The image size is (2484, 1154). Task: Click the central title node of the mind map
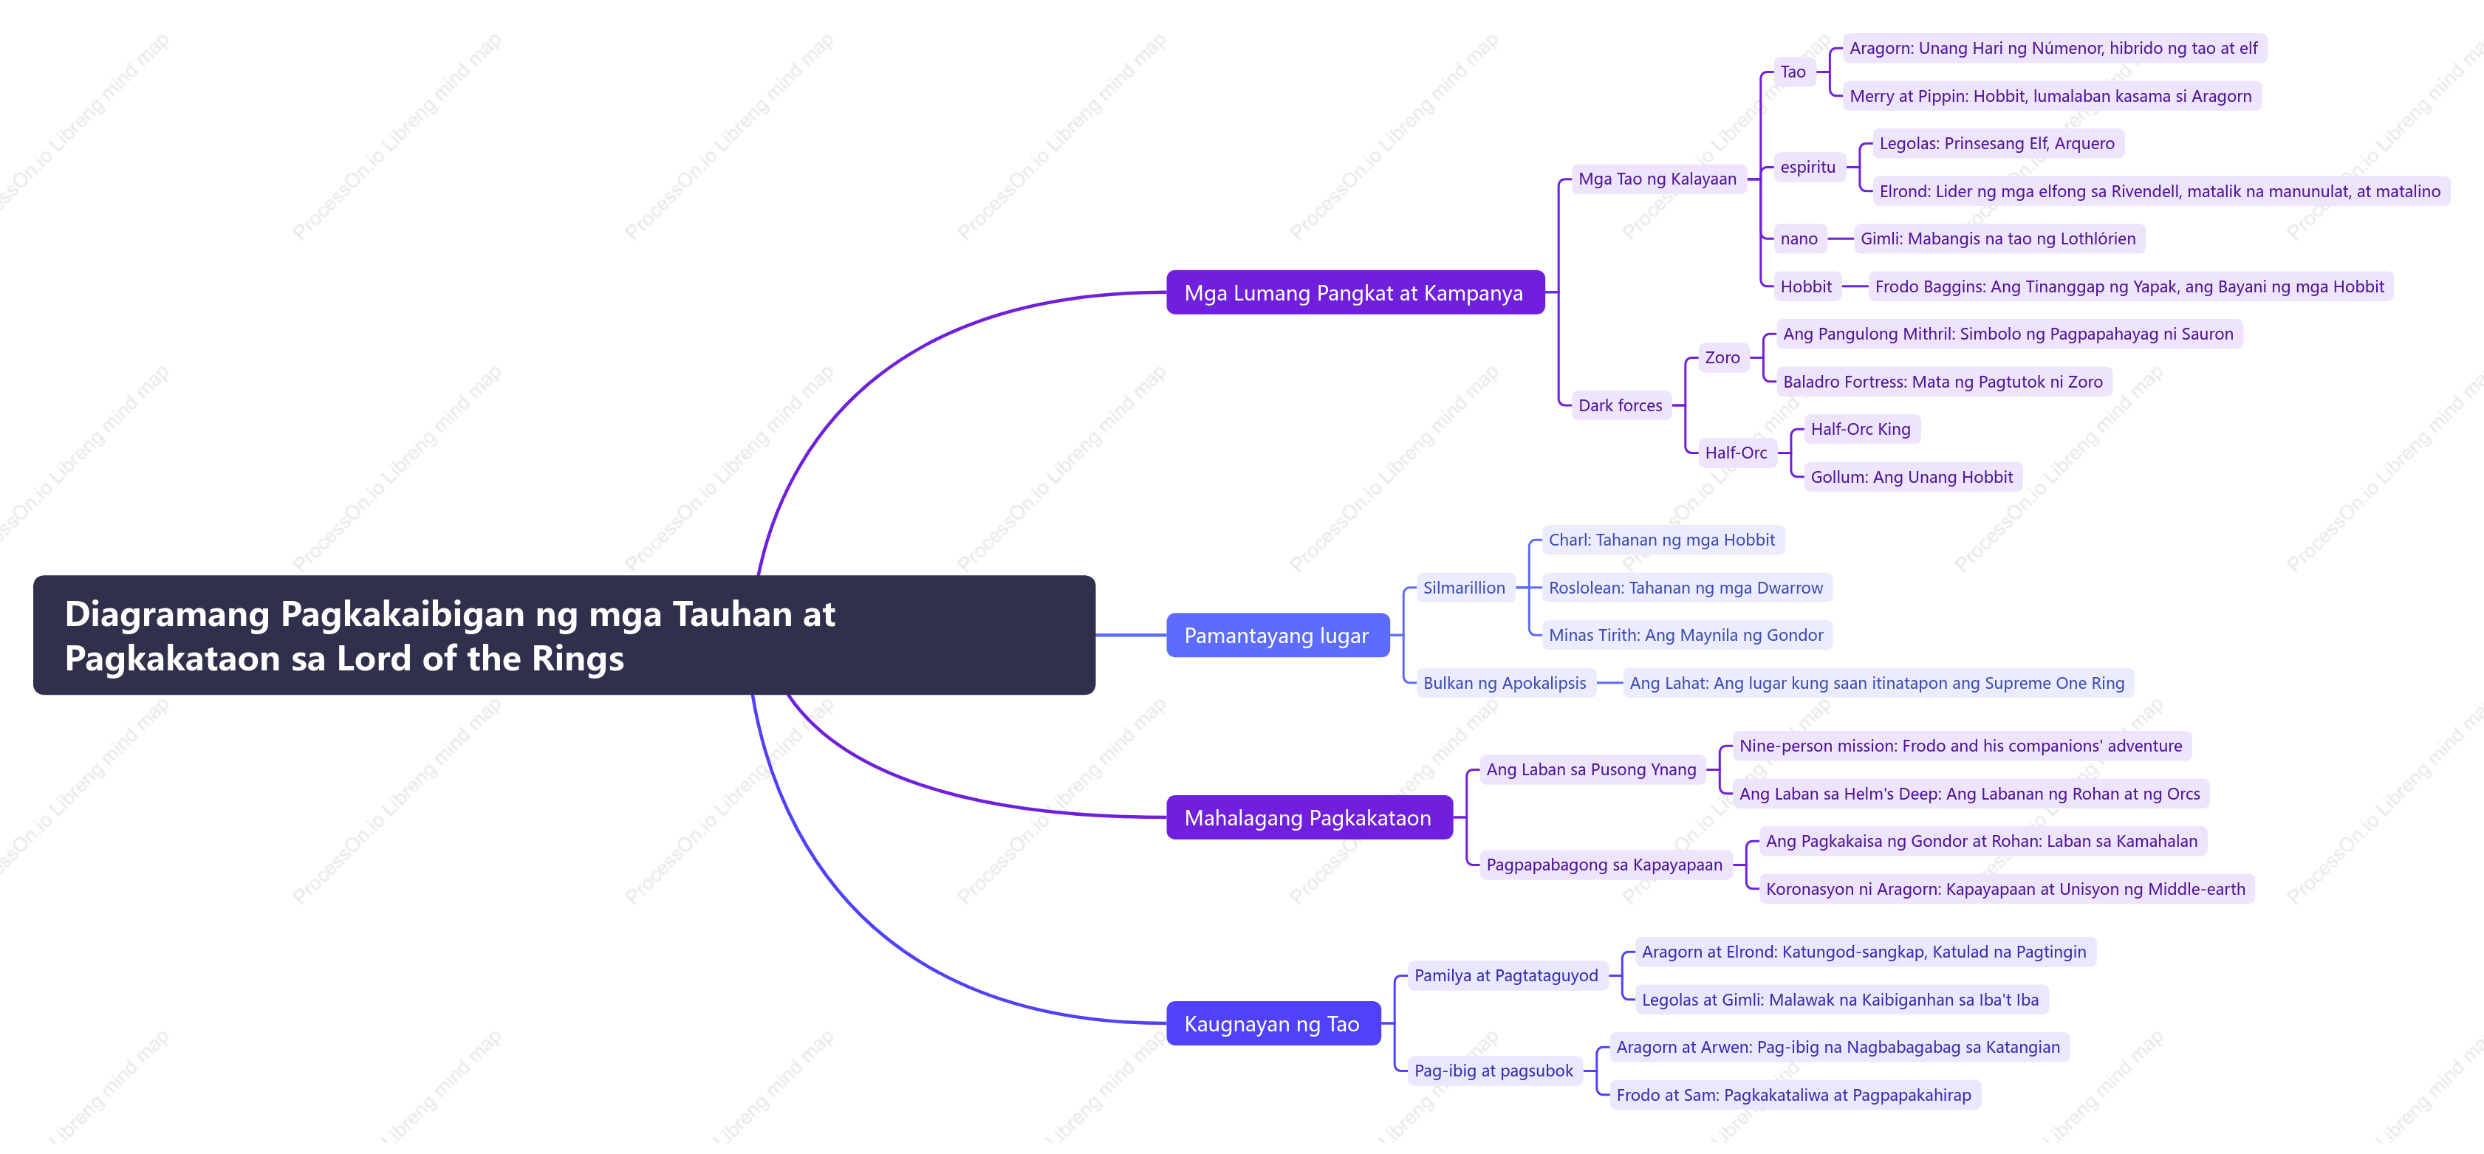[564, 635]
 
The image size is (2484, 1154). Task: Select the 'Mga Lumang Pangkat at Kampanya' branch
[1355, 293]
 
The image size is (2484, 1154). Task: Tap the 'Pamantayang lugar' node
[1278, 635]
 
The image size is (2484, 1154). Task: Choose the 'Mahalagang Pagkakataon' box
[1309, 817]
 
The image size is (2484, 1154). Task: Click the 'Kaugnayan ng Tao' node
[1273, 1024]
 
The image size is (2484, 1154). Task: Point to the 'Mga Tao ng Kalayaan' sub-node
[1657, 179]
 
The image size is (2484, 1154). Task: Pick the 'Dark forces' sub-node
[1620, 405]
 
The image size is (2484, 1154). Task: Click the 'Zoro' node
[1722, 357]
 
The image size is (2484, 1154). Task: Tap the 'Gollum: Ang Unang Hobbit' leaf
[1912, 476]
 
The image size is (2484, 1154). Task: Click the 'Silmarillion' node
[1464, 587]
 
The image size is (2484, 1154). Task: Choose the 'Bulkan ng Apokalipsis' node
[1505, 682]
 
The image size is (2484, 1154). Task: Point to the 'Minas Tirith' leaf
[1686, 634]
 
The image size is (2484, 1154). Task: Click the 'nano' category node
[1799, 238]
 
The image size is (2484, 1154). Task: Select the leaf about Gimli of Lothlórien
[1998, 238]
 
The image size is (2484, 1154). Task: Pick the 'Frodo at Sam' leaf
[1793, 1094]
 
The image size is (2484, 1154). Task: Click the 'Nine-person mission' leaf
[1960, 745]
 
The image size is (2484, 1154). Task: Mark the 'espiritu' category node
[1808, 167]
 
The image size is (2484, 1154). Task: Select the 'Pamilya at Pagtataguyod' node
[1506, 975]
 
